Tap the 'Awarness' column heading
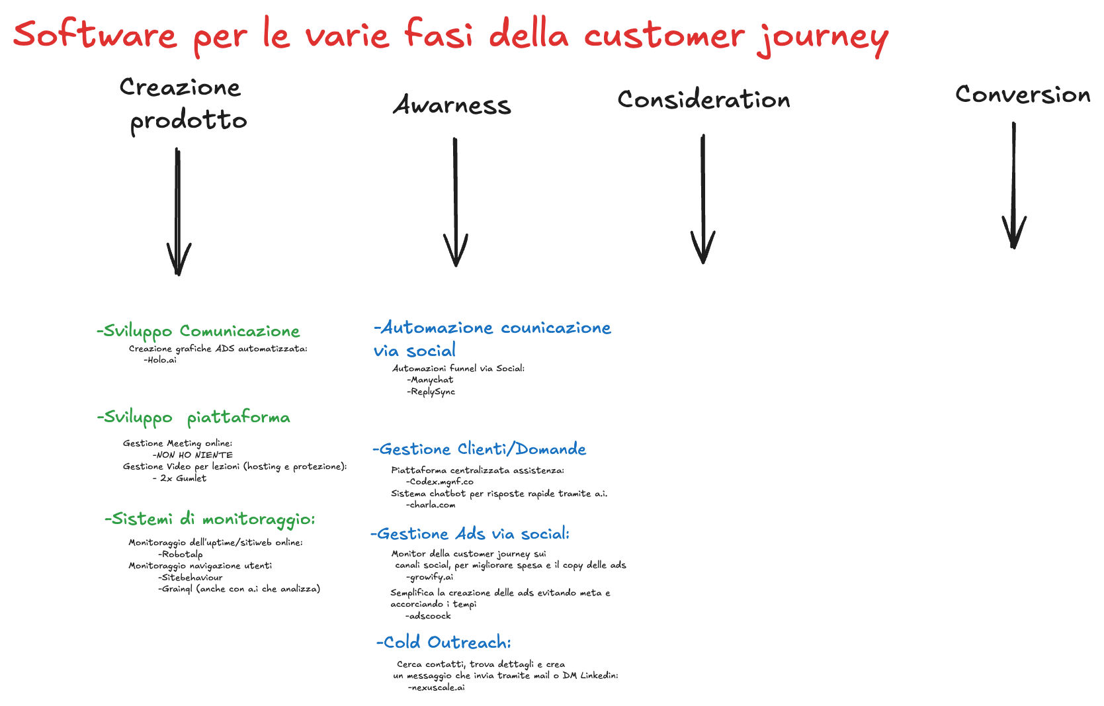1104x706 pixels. tap(452, 105)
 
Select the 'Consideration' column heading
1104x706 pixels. tap(704, 100)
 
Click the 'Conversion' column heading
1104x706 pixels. tap(1023, 95)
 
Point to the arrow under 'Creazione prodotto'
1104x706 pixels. tap(178, 212)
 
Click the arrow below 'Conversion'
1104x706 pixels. tap(1013, 185)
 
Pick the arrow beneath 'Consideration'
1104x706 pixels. tap(702, 199)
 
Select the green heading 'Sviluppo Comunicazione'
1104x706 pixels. tap(198, 331)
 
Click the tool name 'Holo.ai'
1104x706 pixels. tap(161, 360)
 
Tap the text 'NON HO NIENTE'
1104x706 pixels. tap(193, 455)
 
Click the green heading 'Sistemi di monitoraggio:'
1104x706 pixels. tap(210, 519)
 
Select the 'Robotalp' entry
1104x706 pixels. tap(181, 554)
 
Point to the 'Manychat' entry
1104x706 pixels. tap(431, 380)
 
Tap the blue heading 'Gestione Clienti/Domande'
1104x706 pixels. tap(480, 450)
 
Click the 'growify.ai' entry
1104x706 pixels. tap(430, 577)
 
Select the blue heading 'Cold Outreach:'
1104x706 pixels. tap(444, 642)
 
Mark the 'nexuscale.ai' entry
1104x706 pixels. tap(437, 687)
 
